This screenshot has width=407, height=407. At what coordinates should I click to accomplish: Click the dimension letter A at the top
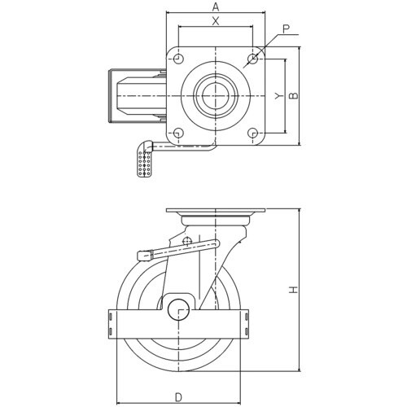(x=216, y=7)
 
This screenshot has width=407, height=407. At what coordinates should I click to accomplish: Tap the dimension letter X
(x=216, y=21)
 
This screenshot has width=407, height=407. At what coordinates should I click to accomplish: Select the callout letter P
(x=287, y=28)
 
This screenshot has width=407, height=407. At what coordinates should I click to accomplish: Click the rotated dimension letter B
(x=293, y=95)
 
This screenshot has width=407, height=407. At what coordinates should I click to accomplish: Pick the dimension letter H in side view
(x=293, y=290)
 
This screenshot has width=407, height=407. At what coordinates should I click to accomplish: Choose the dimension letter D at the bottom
(x=178, y=397)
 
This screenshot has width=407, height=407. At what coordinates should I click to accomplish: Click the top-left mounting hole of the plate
(x=178, y=59)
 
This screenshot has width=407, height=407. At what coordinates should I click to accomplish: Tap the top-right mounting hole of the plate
(x=252, y=59)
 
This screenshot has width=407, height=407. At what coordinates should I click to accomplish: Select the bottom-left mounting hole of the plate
(x=178, y=133)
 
